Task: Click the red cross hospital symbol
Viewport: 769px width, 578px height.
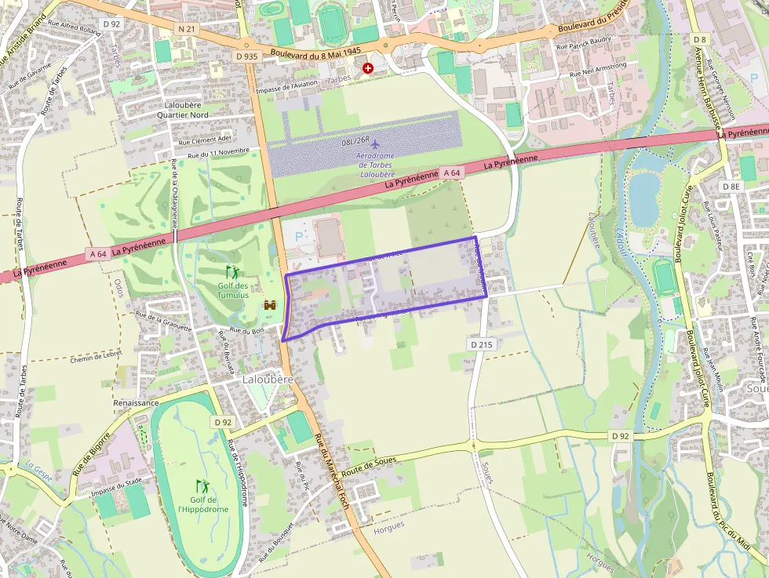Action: [367, 69]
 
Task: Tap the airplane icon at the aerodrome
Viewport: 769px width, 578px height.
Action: [374, 144]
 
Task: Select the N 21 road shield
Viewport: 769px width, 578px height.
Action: [186, 29]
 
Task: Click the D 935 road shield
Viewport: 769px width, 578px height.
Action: [246, 56]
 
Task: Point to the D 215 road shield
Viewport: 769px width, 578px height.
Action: [482, 344]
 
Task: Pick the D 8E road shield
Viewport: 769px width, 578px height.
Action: [731, 186]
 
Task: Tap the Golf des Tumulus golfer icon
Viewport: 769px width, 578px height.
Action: [232, 272]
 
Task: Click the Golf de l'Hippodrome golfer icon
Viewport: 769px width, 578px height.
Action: [202, 486]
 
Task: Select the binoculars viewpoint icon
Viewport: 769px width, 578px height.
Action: [270, 305]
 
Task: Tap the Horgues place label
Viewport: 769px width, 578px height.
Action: [389, 525]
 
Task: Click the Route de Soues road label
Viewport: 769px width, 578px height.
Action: [368, 463]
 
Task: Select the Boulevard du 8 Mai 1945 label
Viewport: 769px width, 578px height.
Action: [315, 53]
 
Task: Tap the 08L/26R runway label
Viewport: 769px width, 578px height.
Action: [355, 141]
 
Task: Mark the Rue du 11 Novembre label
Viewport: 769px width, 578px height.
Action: [213, 151]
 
